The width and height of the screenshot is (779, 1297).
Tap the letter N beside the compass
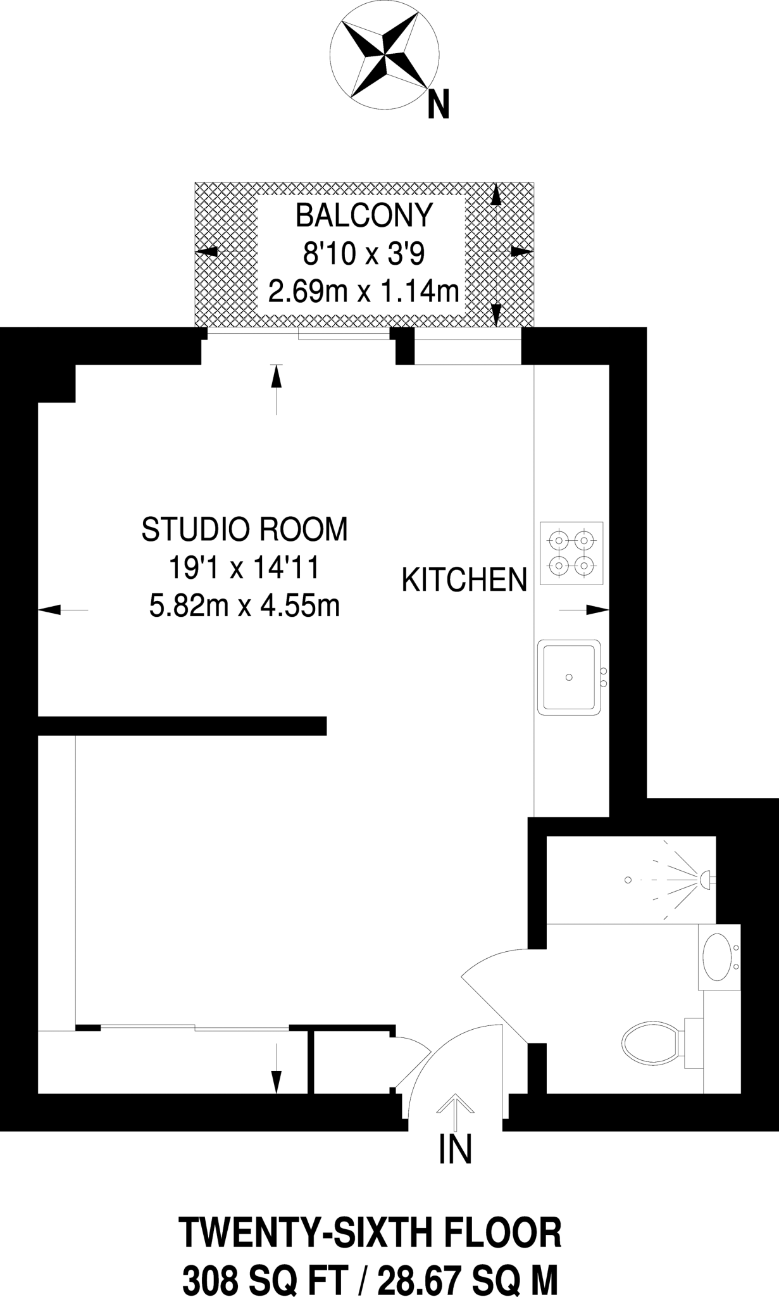(438, 104)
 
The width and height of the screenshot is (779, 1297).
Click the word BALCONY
(364, 216)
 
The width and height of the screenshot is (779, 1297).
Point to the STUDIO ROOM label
(244, 529)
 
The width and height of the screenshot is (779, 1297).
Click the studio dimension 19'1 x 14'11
(243, 569)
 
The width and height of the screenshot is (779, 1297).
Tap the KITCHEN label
(464, 580)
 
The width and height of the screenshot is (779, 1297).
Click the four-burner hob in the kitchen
(571, 553)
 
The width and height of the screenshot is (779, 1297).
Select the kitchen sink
(569, 677)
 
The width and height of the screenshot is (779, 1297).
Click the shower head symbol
(704, 879)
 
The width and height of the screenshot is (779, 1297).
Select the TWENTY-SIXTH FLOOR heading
(371, 1233)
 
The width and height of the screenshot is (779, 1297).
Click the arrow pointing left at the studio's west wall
(54, 610)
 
